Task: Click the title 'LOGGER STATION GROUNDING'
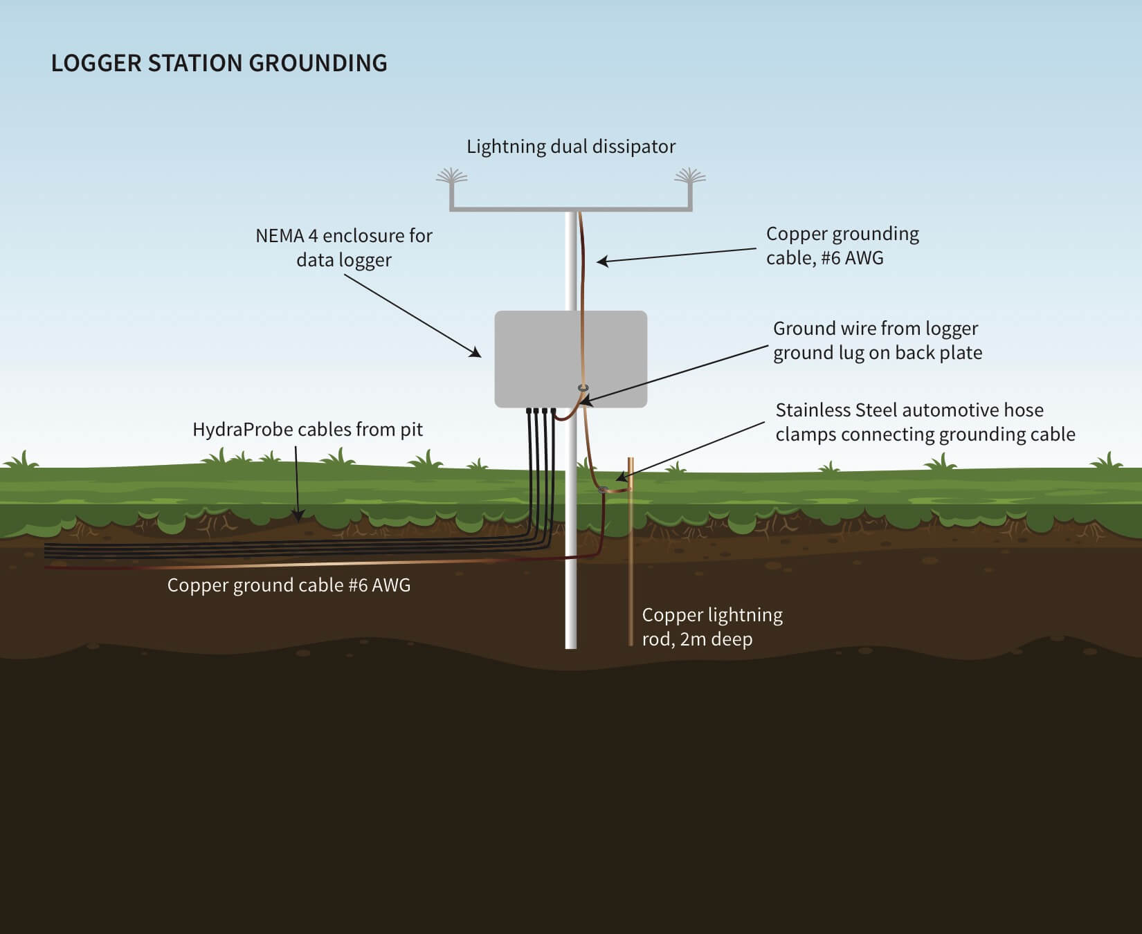point(219,63)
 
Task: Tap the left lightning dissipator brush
point(451,176)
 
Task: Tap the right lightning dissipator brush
point(690,176)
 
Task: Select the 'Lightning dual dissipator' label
point(570,147)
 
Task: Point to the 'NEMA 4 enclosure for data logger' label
point(344,248)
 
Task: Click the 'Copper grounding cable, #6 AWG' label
point(842,246)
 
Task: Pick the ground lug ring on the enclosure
point(583,388)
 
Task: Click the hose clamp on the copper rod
point(604,490)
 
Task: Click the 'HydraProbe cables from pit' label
point(307,430)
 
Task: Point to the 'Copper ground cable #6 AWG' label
point(289,585)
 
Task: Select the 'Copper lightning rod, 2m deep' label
point(712,627)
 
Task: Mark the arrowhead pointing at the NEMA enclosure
point(477,354)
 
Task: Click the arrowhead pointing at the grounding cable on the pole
point(601,262)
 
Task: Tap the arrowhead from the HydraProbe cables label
point(298,515)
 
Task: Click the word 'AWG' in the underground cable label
point(391,585)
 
